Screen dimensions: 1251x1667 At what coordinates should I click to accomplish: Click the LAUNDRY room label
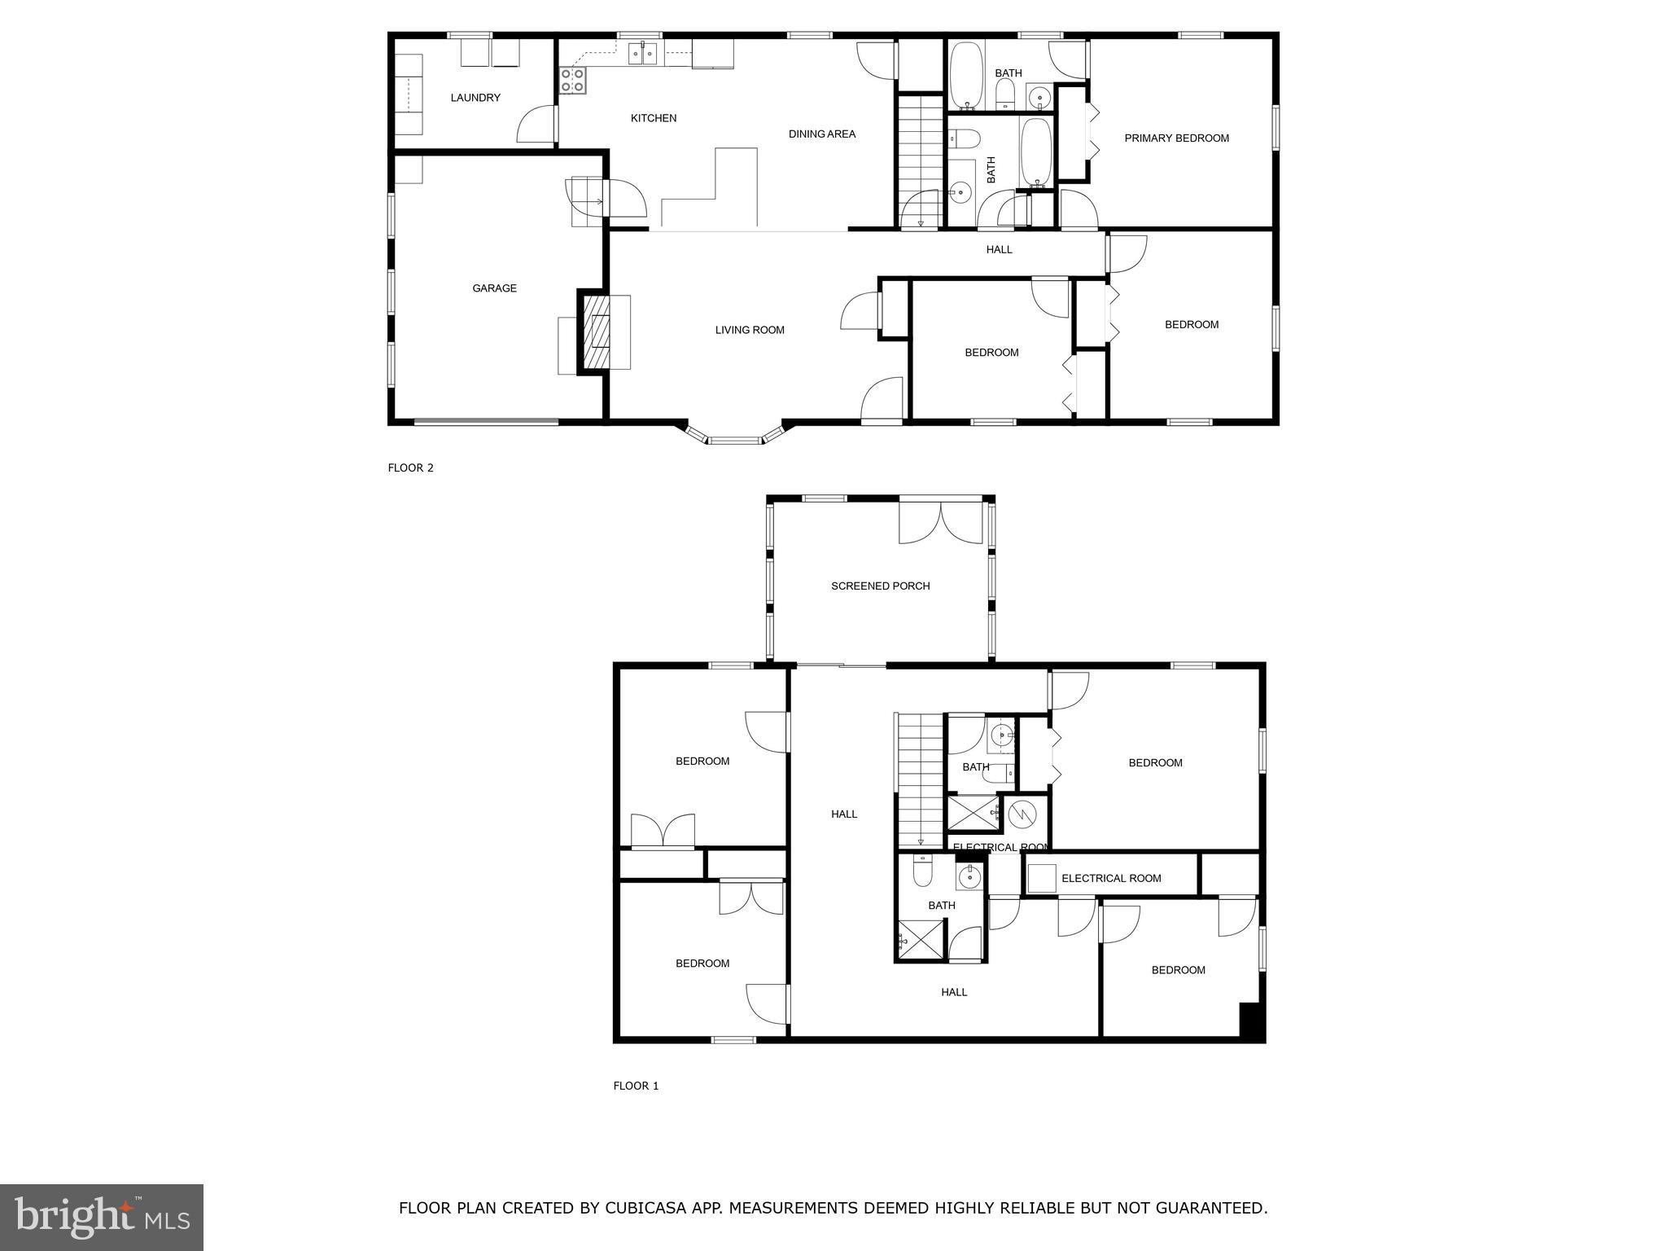coord(475,98)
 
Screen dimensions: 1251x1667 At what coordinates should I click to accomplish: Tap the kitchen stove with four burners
coord(572,80)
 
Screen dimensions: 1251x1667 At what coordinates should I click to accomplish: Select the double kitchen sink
coord(643,54)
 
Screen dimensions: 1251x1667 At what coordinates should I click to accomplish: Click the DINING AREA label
coord(821,134)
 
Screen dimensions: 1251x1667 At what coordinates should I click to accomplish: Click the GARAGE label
coord(494,288)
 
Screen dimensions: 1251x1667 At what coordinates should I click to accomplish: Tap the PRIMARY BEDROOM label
coord(1176,138)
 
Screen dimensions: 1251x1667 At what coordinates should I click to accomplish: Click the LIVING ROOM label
coord(750,330)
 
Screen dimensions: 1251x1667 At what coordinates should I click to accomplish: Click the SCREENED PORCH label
coord(880,586)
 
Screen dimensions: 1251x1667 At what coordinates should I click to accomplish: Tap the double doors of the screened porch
coord(941,523)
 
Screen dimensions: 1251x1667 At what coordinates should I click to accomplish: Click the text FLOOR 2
coord(410,467)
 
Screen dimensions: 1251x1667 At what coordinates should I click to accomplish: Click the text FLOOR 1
coord(636,1086)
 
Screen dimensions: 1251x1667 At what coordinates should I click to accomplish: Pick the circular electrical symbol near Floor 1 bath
coord(1022,813)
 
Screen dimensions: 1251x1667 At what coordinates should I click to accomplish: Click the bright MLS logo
coord(102,1217)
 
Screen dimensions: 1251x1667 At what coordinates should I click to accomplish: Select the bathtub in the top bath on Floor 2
coord(967,75)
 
